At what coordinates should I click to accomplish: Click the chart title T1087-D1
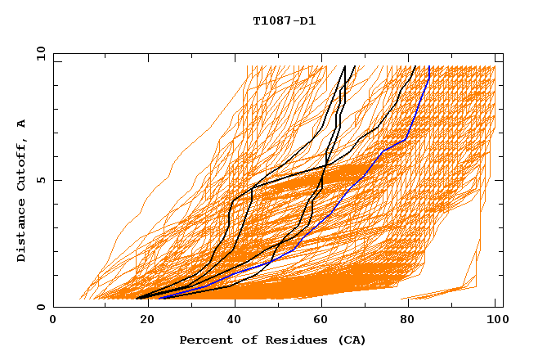[x=284, y=20]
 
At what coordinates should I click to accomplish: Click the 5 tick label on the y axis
[x=40, y=180]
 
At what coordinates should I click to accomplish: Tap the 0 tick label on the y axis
[x=40, y=307]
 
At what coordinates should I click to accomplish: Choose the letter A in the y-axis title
[x=21, y=124]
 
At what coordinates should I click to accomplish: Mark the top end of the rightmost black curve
[x=415, y=67]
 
